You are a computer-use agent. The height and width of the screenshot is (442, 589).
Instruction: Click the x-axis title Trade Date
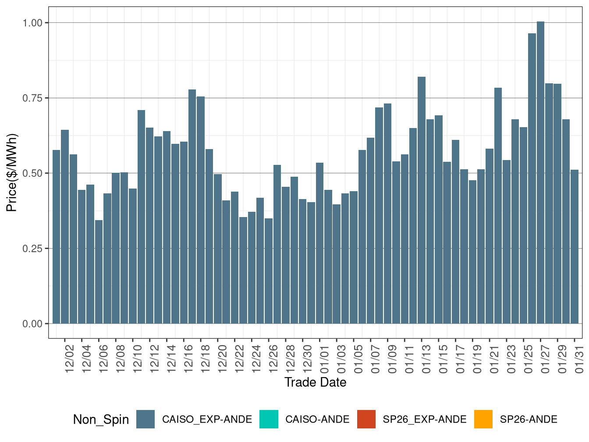point(315,382)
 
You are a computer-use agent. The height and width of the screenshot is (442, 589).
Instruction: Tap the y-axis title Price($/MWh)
point(12,172)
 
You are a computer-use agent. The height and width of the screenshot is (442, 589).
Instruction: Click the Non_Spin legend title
point(101,420)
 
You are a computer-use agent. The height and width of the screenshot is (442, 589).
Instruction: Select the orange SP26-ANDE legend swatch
point(483,419)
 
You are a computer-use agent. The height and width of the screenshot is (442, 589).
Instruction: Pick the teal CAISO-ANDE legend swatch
point(269,419)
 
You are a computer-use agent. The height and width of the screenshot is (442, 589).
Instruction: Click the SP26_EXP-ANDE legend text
point(424,420)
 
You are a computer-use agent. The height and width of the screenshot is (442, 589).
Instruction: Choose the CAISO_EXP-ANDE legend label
point(207,420)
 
